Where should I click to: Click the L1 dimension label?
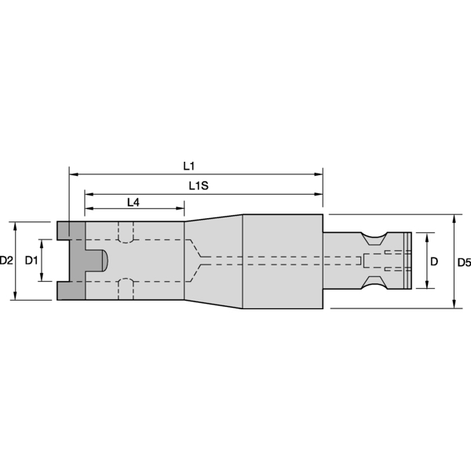[188, 166]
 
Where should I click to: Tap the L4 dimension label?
[133, 203]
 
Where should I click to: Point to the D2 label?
[7, 260]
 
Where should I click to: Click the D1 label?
[31, 260]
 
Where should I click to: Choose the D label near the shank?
[434, 261]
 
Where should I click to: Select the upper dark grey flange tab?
[71, 230]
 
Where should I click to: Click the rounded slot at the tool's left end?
[98, 261]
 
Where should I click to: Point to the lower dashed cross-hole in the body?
[125, 288]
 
